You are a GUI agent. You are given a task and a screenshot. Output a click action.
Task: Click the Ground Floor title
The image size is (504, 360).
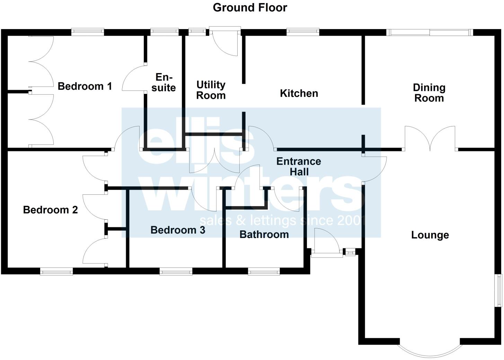250,8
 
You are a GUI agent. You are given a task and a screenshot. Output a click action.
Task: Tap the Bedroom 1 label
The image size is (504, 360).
85,86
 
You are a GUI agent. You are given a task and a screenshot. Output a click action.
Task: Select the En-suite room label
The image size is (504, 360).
163,82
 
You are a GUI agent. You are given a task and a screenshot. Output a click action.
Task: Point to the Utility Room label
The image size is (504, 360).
211,90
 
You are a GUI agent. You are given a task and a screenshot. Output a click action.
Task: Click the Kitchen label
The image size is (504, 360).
299,93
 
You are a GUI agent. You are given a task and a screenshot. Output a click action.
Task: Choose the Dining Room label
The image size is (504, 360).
429,93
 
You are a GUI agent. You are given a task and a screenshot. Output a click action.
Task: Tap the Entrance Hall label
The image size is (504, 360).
299,167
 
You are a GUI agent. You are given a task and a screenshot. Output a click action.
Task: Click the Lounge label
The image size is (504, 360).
430,235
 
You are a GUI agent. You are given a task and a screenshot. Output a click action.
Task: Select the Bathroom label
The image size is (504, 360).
264,235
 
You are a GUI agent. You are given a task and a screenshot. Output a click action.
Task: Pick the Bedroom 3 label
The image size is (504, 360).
178,230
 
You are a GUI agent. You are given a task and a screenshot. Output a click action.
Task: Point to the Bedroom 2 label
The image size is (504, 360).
51,210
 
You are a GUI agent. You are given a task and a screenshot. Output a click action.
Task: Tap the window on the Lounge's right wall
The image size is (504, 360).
499,290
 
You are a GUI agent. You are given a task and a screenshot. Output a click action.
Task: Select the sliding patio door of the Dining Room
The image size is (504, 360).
430,33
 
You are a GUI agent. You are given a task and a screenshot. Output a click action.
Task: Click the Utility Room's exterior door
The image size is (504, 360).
225,41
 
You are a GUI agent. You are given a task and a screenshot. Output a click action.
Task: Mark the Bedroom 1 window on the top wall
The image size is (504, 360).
88,32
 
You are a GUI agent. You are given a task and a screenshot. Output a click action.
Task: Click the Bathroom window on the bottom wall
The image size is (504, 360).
264,272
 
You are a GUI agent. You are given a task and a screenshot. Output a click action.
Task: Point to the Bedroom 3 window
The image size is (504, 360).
176,272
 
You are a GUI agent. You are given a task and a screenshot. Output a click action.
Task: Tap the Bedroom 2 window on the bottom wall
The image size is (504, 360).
56,272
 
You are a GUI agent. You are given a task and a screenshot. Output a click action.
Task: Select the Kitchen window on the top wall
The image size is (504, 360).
303,32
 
